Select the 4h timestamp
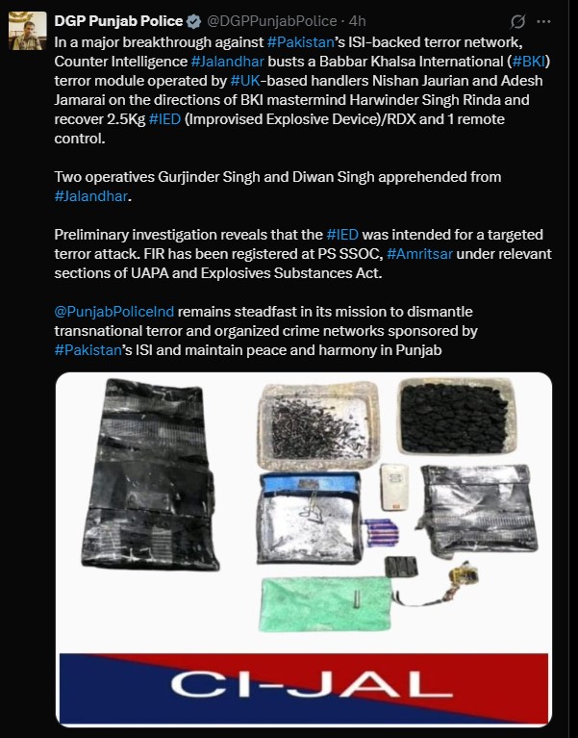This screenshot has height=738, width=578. point(360,20)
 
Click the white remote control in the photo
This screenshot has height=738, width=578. point(392,487)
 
